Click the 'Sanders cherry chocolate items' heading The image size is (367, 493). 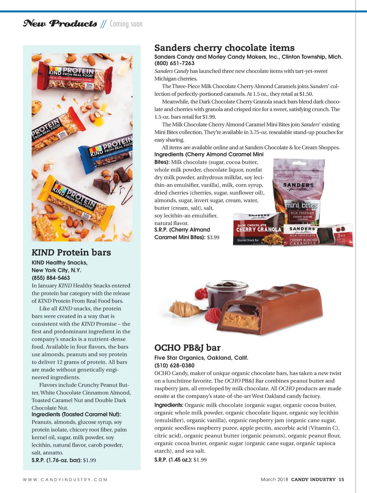click(x=224, y=48)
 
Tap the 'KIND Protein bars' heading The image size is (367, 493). click(x=71, y=252)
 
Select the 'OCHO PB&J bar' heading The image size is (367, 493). click(x=187, y=348)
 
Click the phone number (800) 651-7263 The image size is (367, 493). click(x=174, y=63)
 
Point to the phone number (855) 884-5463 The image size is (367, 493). click(x=51, y=278)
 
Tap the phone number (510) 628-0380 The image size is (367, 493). click(x=174, y=365)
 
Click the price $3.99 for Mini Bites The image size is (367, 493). click(x=213, y=237)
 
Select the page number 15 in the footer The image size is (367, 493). click(x=341, y=480)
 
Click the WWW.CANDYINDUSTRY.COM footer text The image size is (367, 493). click(x=65, y=480)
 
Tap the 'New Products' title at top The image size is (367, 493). click(x=60, y=24)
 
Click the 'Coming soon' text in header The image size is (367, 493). click(x=126, y=24)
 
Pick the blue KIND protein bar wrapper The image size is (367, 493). click(x=107, y=152)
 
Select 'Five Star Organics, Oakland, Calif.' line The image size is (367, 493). click(x=201, y=358)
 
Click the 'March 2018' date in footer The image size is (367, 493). click(x=274, y=480)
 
